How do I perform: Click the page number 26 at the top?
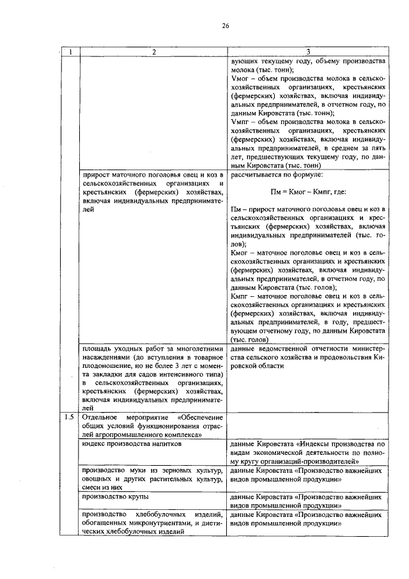click(225, 26)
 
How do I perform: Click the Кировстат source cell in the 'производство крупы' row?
click(307, 500)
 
